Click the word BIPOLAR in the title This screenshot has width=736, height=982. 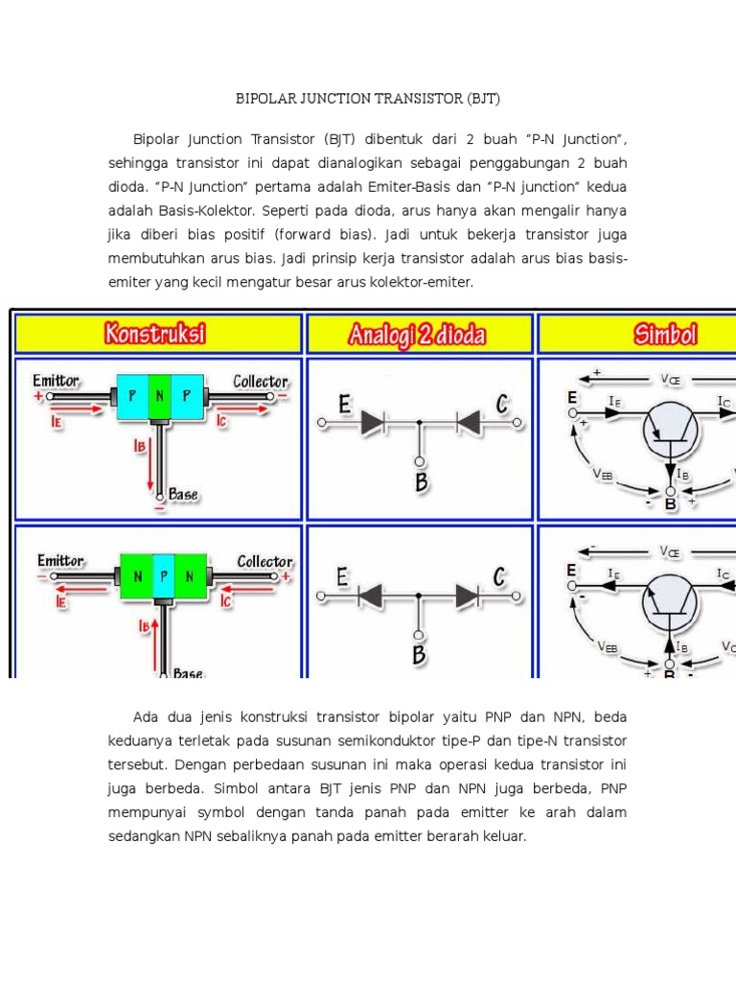[265, 99]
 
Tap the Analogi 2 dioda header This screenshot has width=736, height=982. [418, 335]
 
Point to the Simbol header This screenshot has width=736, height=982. [664, 334]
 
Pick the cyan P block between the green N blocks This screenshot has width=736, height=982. [164, 575]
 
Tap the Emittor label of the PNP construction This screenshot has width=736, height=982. [56, 381]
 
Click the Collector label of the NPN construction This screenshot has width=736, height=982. [264, 561]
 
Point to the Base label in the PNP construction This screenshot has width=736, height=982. [183, 495]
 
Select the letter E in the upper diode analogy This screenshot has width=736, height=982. [344, 407]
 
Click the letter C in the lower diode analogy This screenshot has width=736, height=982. [499, 576]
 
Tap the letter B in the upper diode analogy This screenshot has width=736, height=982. [421, 481]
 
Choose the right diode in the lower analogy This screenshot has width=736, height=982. [467, 596]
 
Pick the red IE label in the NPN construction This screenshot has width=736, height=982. [60, 602]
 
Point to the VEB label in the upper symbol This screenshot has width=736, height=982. [602, 474]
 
